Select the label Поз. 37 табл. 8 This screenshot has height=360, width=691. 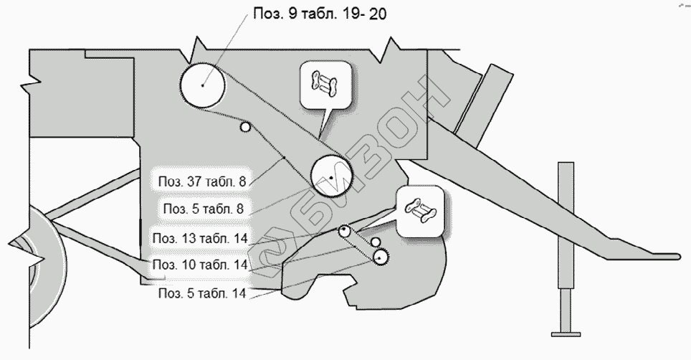pos(204,182)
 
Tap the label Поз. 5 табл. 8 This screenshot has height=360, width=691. pos(204,209)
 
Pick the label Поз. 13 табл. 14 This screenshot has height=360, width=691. pos(199,237)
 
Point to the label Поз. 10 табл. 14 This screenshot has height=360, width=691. pos(199,265)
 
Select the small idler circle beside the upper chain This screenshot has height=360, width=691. pos(246,128)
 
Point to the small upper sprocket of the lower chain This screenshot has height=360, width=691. pos(345,231)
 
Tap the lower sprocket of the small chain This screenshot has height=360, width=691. pos(379,257)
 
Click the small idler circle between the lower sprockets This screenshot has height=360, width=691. pos(374,243)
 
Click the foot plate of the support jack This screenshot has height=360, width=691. pos(566,332)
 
